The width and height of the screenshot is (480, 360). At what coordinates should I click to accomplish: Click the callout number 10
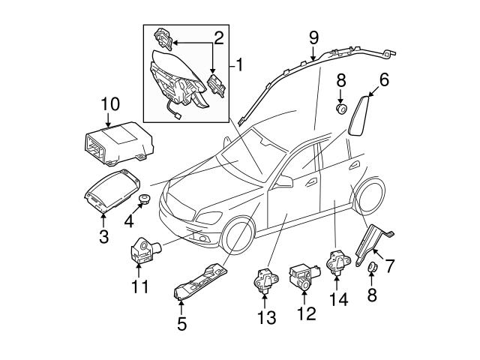(111, 103)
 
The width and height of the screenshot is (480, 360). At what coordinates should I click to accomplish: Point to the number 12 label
(304, 315)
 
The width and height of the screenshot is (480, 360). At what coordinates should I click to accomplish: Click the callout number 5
(182, 324)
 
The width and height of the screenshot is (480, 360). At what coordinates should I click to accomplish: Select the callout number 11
(139, 286)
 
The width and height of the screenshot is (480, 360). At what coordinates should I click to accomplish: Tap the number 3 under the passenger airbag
(103, 238)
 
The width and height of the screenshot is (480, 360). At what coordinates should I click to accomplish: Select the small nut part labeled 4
(143, 199)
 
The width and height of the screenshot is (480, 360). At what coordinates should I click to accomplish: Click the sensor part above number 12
(304, 275)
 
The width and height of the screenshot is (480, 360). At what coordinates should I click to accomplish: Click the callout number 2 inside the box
(218, 36)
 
